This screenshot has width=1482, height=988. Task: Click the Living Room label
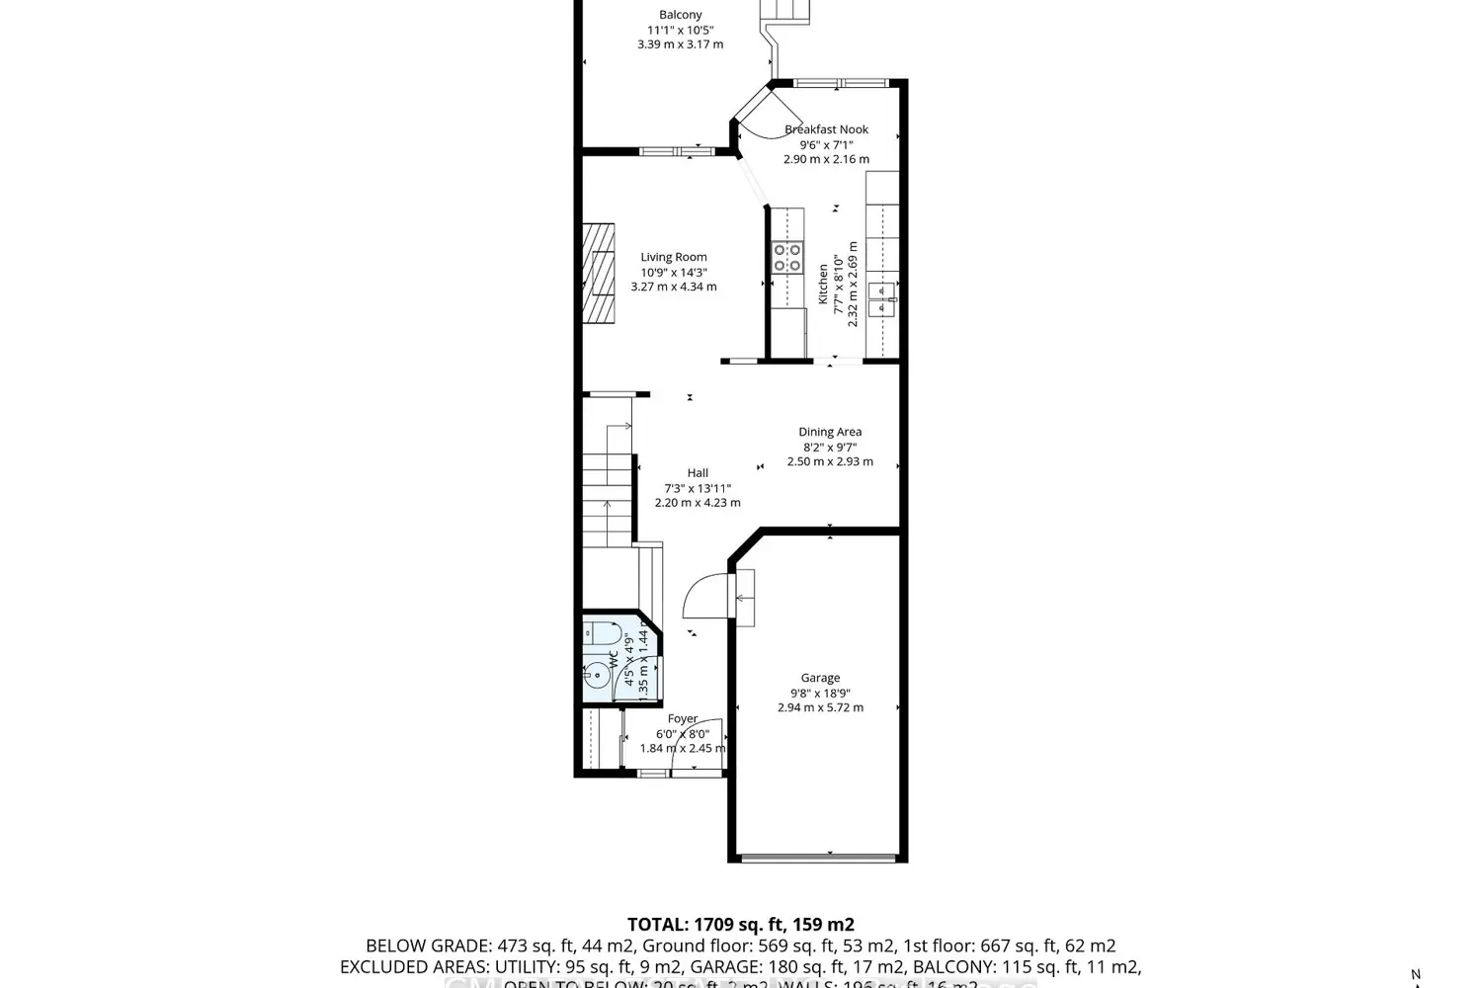[x=674, y=257]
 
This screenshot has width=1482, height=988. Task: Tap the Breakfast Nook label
[x=826, y=129]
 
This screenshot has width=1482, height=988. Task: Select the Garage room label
[x=820, y=678]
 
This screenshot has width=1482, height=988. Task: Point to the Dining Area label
[x=830, y=432]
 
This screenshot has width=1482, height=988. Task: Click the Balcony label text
[x=680, y=15]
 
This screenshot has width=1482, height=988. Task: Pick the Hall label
[x=698, y=473]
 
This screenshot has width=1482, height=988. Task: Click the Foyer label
[x=683, y=718]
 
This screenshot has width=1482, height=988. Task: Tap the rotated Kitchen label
[x=823, y=284]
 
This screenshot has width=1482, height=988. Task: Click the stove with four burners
[x=787, y=258]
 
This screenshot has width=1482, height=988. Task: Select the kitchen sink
[x=880, y=299]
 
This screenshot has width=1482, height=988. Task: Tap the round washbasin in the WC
[x=596, y=678]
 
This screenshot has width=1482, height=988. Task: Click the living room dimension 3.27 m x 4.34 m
[x=674, y=287]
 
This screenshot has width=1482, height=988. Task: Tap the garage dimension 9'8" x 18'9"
[x=820, y=693]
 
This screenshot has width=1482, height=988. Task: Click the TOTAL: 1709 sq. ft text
[x=740, y=925]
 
